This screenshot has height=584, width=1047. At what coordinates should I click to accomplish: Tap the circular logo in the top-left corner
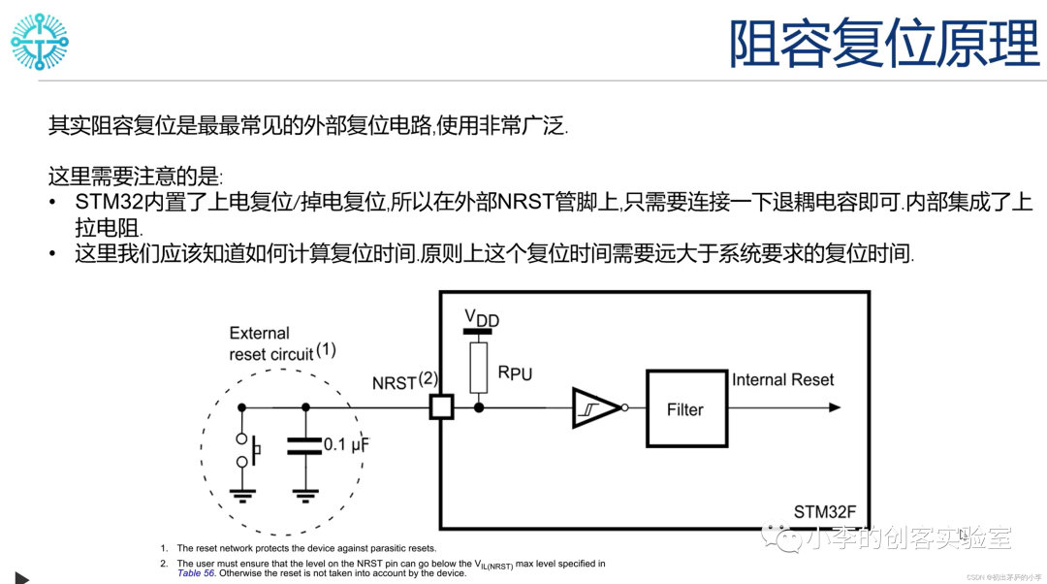coord(40,42)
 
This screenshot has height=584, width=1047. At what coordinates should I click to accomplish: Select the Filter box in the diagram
coord(685,409)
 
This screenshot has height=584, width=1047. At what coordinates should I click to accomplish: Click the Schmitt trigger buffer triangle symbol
coord(594,408)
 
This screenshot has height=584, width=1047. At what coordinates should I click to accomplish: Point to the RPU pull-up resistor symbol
coord(478,368)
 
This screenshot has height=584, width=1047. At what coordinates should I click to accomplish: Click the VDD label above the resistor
coord(481,318)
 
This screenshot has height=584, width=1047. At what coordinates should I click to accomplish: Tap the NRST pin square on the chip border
coord(441,407)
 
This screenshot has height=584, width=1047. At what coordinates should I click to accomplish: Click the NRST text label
coord(394,383)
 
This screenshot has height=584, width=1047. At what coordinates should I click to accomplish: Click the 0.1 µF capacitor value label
coord(346,445)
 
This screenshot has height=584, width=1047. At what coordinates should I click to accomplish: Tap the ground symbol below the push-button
coord(241,495)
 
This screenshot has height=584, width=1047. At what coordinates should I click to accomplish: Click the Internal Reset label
coord(782,380)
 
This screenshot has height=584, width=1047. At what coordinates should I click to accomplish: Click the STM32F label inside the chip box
coord(825,512)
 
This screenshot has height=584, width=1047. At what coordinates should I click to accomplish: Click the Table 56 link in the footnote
coord(196,573)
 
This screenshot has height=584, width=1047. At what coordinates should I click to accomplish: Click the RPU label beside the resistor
coord(515,373)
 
